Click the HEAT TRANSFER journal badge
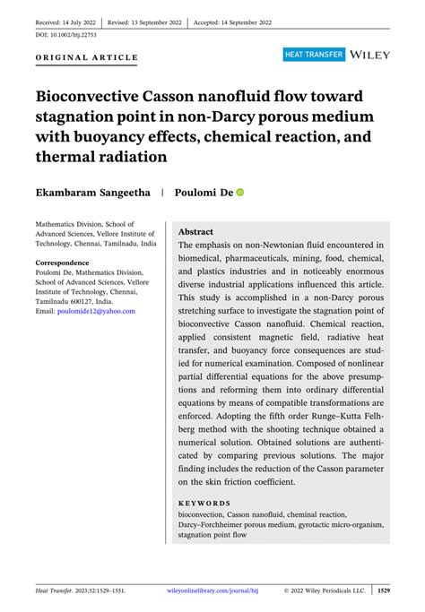click(314, 55)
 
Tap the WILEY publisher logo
click(370, 55)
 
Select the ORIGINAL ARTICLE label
click(86, 58)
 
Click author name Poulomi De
click(204, 192)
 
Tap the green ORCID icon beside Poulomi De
click(240, 192)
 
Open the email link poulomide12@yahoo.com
click(96, 311)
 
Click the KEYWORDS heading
click(204, 503)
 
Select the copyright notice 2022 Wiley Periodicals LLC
click(325, 591)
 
